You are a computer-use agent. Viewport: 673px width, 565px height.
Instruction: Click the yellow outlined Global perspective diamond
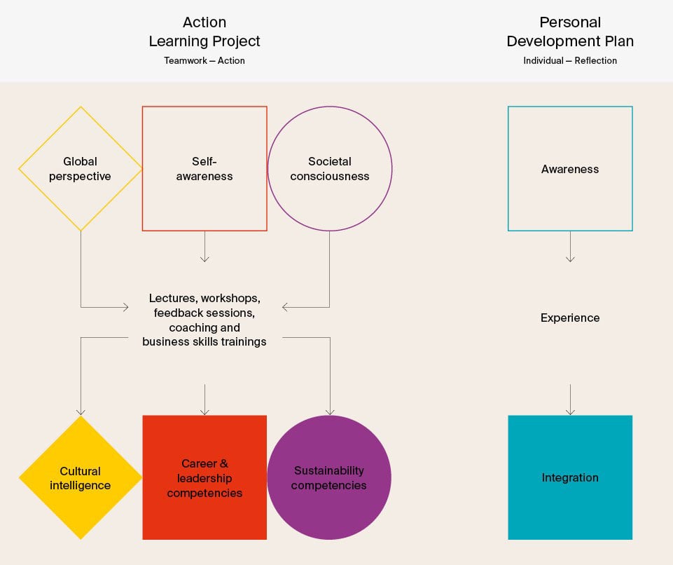(80, 169)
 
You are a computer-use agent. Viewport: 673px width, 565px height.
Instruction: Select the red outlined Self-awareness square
(204, 169)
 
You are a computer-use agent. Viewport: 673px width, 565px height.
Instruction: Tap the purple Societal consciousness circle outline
(330, 169)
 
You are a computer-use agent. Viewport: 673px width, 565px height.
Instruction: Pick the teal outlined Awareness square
(570, 169)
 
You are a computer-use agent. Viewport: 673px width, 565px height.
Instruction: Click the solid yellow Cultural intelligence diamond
(80, 478)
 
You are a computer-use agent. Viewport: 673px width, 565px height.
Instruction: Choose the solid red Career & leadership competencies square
(204, 478)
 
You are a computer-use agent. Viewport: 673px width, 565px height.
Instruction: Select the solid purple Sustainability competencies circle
(329, 478)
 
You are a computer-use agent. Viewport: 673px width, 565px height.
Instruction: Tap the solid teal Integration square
(570, 478)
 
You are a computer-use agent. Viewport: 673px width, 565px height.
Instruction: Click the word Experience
(570, 318)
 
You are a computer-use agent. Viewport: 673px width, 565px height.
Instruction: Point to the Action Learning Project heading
(204, 32)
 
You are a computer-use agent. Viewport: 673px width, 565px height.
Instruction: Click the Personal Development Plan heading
(570, 32)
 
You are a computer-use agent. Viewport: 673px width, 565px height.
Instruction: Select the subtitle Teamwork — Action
(204, 61)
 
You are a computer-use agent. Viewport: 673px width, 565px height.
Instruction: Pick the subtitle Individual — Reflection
(570, 61)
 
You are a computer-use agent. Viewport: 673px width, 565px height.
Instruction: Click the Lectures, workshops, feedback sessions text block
(204, 320)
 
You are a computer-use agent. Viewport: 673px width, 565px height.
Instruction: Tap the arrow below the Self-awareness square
(204, 247)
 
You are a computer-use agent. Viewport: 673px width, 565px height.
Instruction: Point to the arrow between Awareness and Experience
(570, 247)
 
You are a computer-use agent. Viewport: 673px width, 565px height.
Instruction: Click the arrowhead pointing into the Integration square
(570, 411)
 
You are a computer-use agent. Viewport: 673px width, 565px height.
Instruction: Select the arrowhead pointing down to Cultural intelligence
(81, 411)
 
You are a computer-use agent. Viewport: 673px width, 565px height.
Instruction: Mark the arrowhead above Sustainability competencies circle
(330, 411)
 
